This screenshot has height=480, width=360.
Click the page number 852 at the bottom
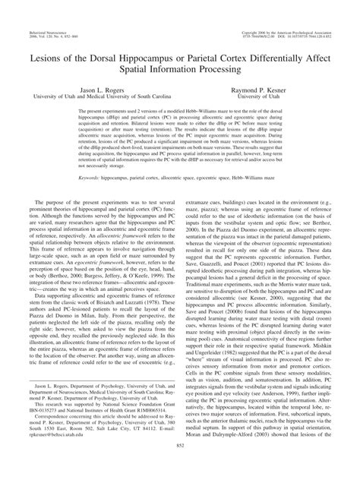pyautogui.click(x=180, y=466)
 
